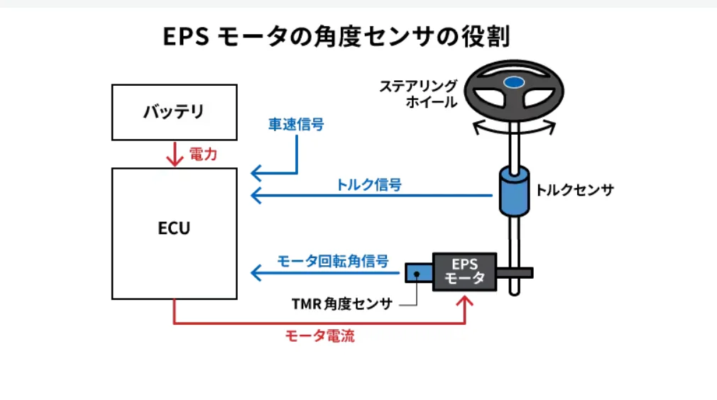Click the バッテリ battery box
pos(174,111)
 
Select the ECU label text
pos(174,229)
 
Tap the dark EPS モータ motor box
pos(464,271)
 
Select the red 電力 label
pos(203,154)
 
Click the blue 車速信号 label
pos(296,124)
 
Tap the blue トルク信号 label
pos(369,185)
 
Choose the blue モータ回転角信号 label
pos(333,261)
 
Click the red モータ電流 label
pos(319,336)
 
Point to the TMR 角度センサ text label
pos(341,304)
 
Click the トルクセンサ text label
pos(574,190)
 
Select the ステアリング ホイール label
pos(417,94)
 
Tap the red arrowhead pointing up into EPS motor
pos(465,303)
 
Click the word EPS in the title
pos(185,37)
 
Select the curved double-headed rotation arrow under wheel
pos(514,126)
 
